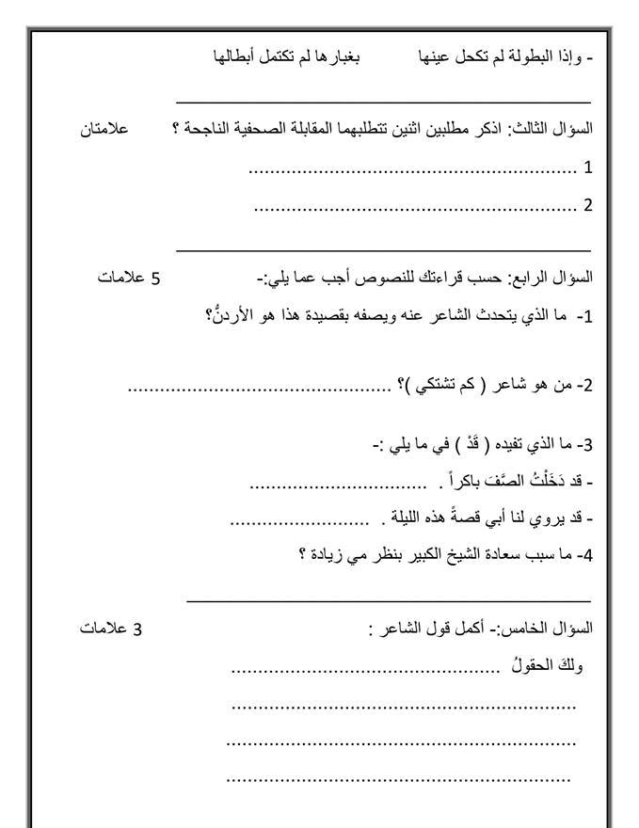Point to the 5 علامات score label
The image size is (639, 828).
pyautogui.click(x=130, y=278)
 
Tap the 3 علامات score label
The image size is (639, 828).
pyautogui.click(x=111, y=629)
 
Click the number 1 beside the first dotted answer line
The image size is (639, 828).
pyautogui.click(x=588, y=169)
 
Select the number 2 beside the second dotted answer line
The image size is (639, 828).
pyautogui.click(x=588, y=205)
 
